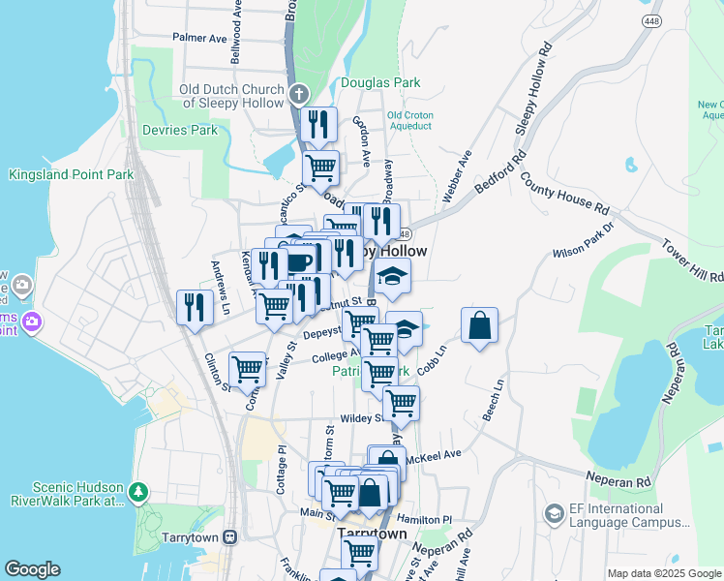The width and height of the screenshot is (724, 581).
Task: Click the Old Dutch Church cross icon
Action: [x=299, y=95]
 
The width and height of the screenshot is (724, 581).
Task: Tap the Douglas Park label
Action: [x=380, y=83]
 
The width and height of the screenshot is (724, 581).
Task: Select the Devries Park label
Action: [x=179, y=130]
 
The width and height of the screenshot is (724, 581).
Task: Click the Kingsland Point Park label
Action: [x=70, y=175]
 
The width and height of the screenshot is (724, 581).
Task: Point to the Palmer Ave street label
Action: [x=199, y=38]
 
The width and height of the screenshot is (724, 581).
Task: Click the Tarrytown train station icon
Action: [x=230, y=536]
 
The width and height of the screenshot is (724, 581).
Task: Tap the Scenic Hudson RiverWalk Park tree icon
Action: [x=139, y=494]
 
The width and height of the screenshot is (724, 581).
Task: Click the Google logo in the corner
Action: [x=32, y=569]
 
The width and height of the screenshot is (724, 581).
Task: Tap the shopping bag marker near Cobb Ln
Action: [x=479, y=326]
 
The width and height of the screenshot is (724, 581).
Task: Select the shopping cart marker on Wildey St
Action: [x=401, y=403]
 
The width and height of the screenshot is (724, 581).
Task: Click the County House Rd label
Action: [x=564, y=194]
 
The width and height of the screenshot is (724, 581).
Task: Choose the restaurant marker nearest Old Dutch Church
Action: [x=317, y=124]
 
